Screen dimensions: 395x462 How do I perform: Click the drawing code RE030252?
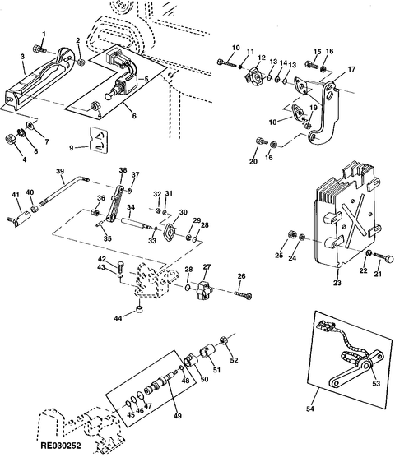click(x=61, y=446)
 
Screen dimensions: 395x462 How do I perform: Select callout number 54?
click(x=310, y=409)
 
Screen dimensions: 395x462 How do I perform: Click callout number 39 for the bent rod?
click(x=60, y=171)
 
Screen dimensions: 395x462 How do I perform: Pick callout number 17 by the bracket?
click(x=351, y=69)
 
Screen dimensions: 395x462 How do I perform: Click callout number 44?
click(x=118, y=318)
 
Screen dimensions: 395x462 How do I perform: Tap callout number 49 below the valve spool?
click(x=178, y=416)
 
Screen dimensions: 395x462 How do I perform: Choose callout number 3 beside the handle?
click(x=23, y=56)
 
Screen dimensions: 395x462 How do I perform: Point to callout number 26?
click(x=241, y=276)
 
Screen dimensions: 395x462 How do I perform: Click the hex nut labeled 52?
click(x=223, y=340)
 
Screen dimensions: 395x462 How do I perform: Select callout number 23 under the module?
click(x=337, y=283)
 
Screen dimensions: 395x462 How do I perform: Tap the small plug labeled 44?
click(x=139, y=309)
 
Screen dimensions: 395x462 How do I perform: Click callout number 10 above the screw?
click(x=235, y=48)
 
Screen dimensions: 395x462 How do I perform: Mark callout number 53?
click(x=376, y=383)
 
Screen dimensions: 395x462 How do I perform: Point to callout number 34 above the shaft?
click(x=131, y=207)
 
